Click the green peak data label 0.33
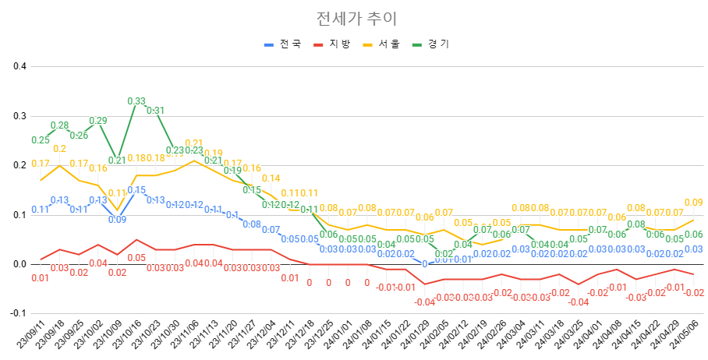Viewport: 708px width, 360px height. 136,101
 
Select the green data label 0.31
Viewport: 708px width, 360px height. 155,111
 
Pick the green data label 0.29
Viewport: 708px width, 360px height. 98,121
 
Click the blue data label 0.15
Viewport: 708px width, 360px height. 136,190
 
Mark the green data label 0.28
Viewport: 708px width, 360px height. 59,125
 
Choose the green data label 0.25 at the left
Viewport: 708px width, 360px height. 41,140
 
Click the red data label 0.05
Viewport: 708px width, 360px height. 136,258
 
